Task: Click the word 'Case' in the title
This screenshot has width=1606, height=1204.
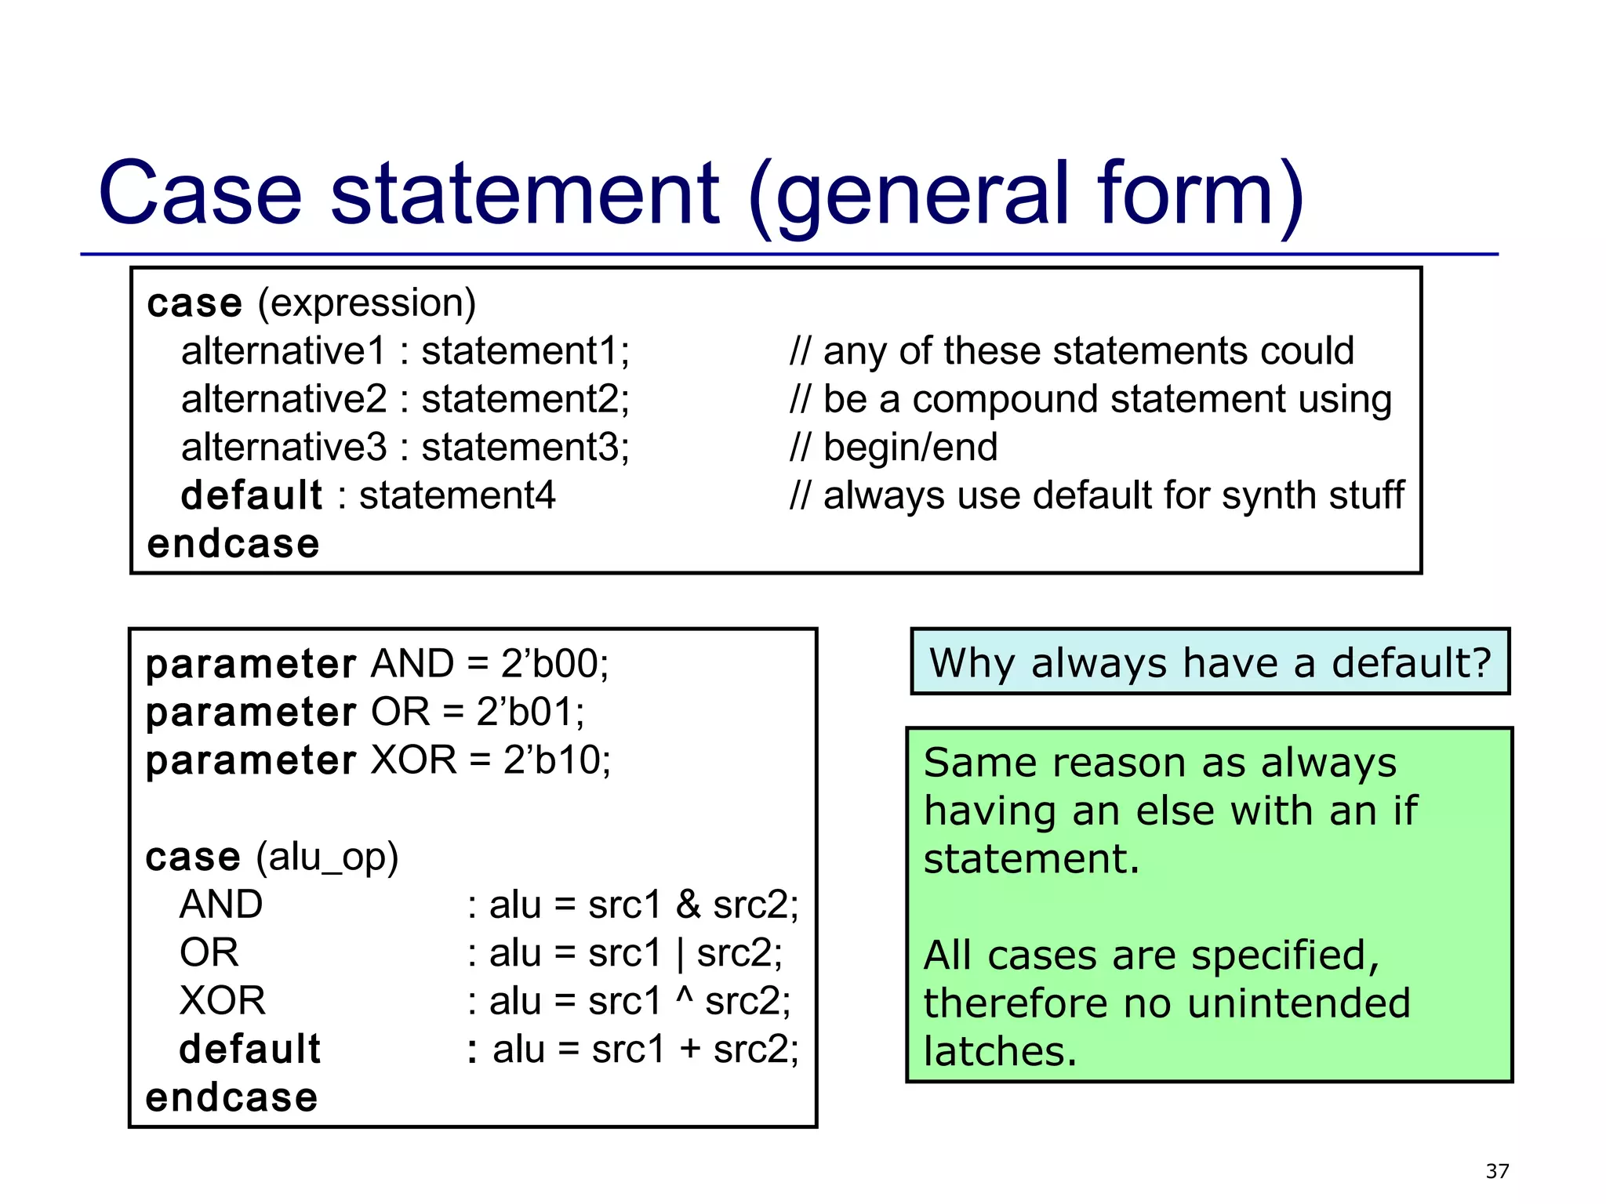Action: point(200,194)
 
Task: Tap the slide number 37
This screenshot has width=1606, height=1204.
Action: point(1497,1171)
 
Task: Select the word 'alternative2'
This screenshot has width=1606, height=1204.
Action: point(284,399)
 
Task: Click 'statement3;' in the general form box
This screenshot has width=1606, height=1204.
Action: point(525,448)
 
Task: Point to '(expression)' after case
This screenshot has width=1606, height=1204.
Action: point(366,303)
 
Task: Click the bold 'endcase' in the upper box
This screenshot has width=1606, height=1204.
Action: point(233,544)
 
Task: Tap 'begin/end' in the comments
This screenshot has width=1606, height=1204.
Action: point(910,448)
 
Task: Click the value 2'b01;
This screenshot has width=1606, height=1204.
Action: point(530,712)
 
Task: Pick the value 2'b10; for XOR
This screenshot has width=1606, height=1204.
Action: point(557,760)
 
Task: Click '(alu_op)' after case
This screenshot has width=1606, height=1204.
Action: point(327,857)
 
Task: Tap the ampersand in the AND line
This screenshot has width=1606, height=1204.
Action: point(688,905)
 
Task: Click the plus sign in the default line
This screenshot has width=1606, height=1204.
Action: point(690,1050)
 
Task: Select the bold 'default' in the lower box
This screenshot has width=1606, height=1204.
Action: point(249,1050)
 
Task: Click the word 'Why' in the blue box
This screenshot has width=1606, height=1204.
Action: point(972,663)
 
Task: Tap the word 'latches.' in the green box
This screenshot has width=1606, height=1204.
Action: point(1000,1052)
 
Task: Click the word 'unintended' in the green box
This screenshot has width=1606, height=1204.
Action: point(1298,1003)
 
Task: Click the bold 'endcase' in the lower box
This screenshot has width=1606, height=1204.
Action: point(231,1097)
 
